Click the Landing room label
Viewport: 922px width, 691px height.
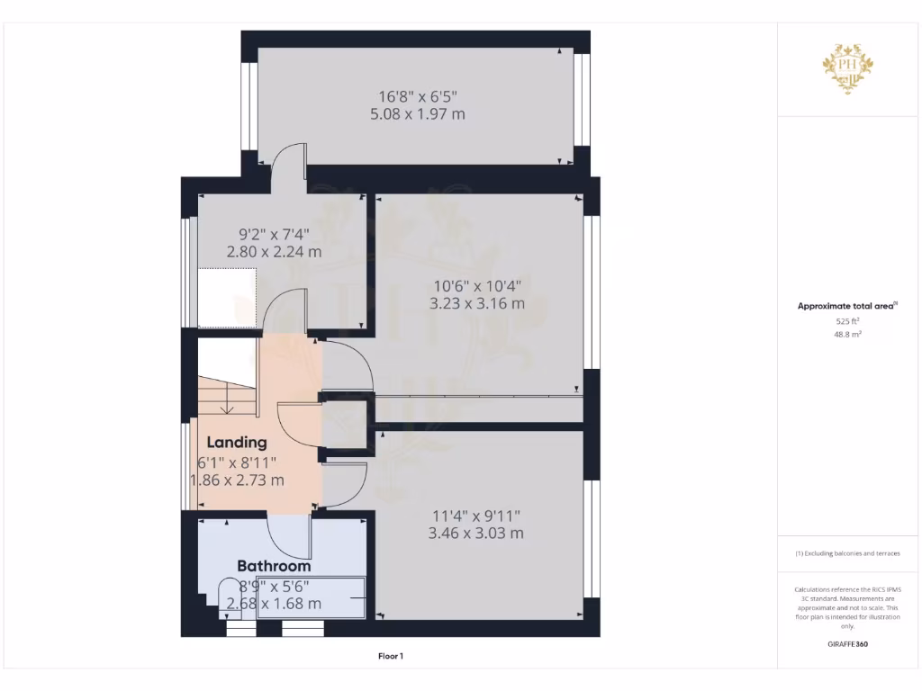tap(237, 443)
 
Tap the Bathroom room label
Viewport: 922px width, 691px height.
tap(274, 566)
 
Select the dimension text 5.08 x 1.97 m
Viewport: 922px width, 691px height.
tap(417, 114)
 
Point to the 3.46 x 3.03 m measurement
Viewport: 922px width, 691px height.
tap(476, 533)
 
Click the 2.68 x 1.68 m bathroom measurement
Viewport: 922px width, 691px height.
tap(274, 603)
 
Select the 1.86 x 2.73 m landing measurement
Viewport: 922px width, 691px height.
tap(238, 480)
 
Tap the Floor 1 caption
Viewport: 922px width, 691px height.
tap(391, 657)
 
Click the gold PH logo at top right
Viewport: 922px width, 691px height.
tap(848, 68)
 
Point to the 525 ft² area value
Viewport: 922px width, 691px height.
tap(848, 320)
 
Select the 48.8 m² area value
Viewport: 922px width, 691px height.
tap(848, 334)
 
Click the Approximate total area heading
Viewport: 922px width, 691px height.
tap(845, 306)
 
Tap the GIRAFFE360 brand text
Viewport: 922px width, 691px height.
tap(848, 644)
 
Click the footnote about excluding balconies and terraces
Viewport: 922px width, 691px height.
tap(847, 553)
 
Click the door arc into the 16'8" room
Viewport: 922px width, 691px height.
tap(289, 157)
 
